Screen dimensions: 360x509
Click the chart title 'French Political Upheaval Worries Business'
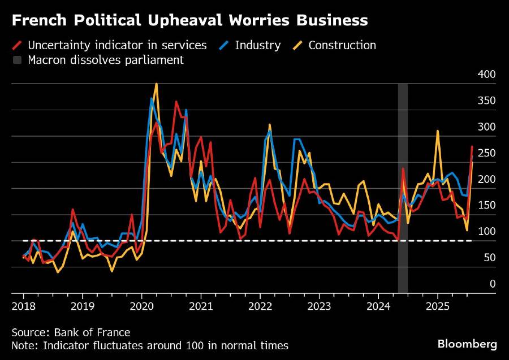pos(189,21)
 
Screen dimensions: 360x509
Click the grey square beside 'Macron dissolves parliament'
pos(17,60)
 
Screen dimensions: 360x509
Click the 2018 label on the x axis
pos(23,307)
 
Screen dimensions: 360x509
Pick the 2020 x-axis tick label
pos(141,307)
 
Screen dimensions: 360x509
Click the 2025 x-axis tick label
pos(437,307)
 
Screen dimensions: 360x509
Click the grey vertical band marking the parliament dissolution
pos(403,186)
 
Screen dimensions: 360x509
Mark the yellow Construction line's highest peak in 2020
pos(156,84)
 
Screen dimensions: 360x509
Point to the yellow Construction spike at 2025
pos(438,131)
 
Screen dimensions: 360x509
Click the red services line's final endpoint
pos(472,147)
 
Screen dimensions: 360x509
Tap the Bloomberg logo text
pos(467,343)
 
